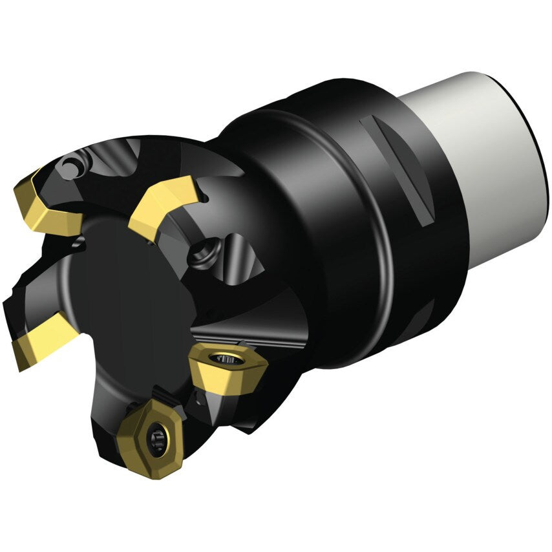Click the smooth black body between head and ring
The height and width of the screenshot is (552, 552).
click(284, 213)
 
